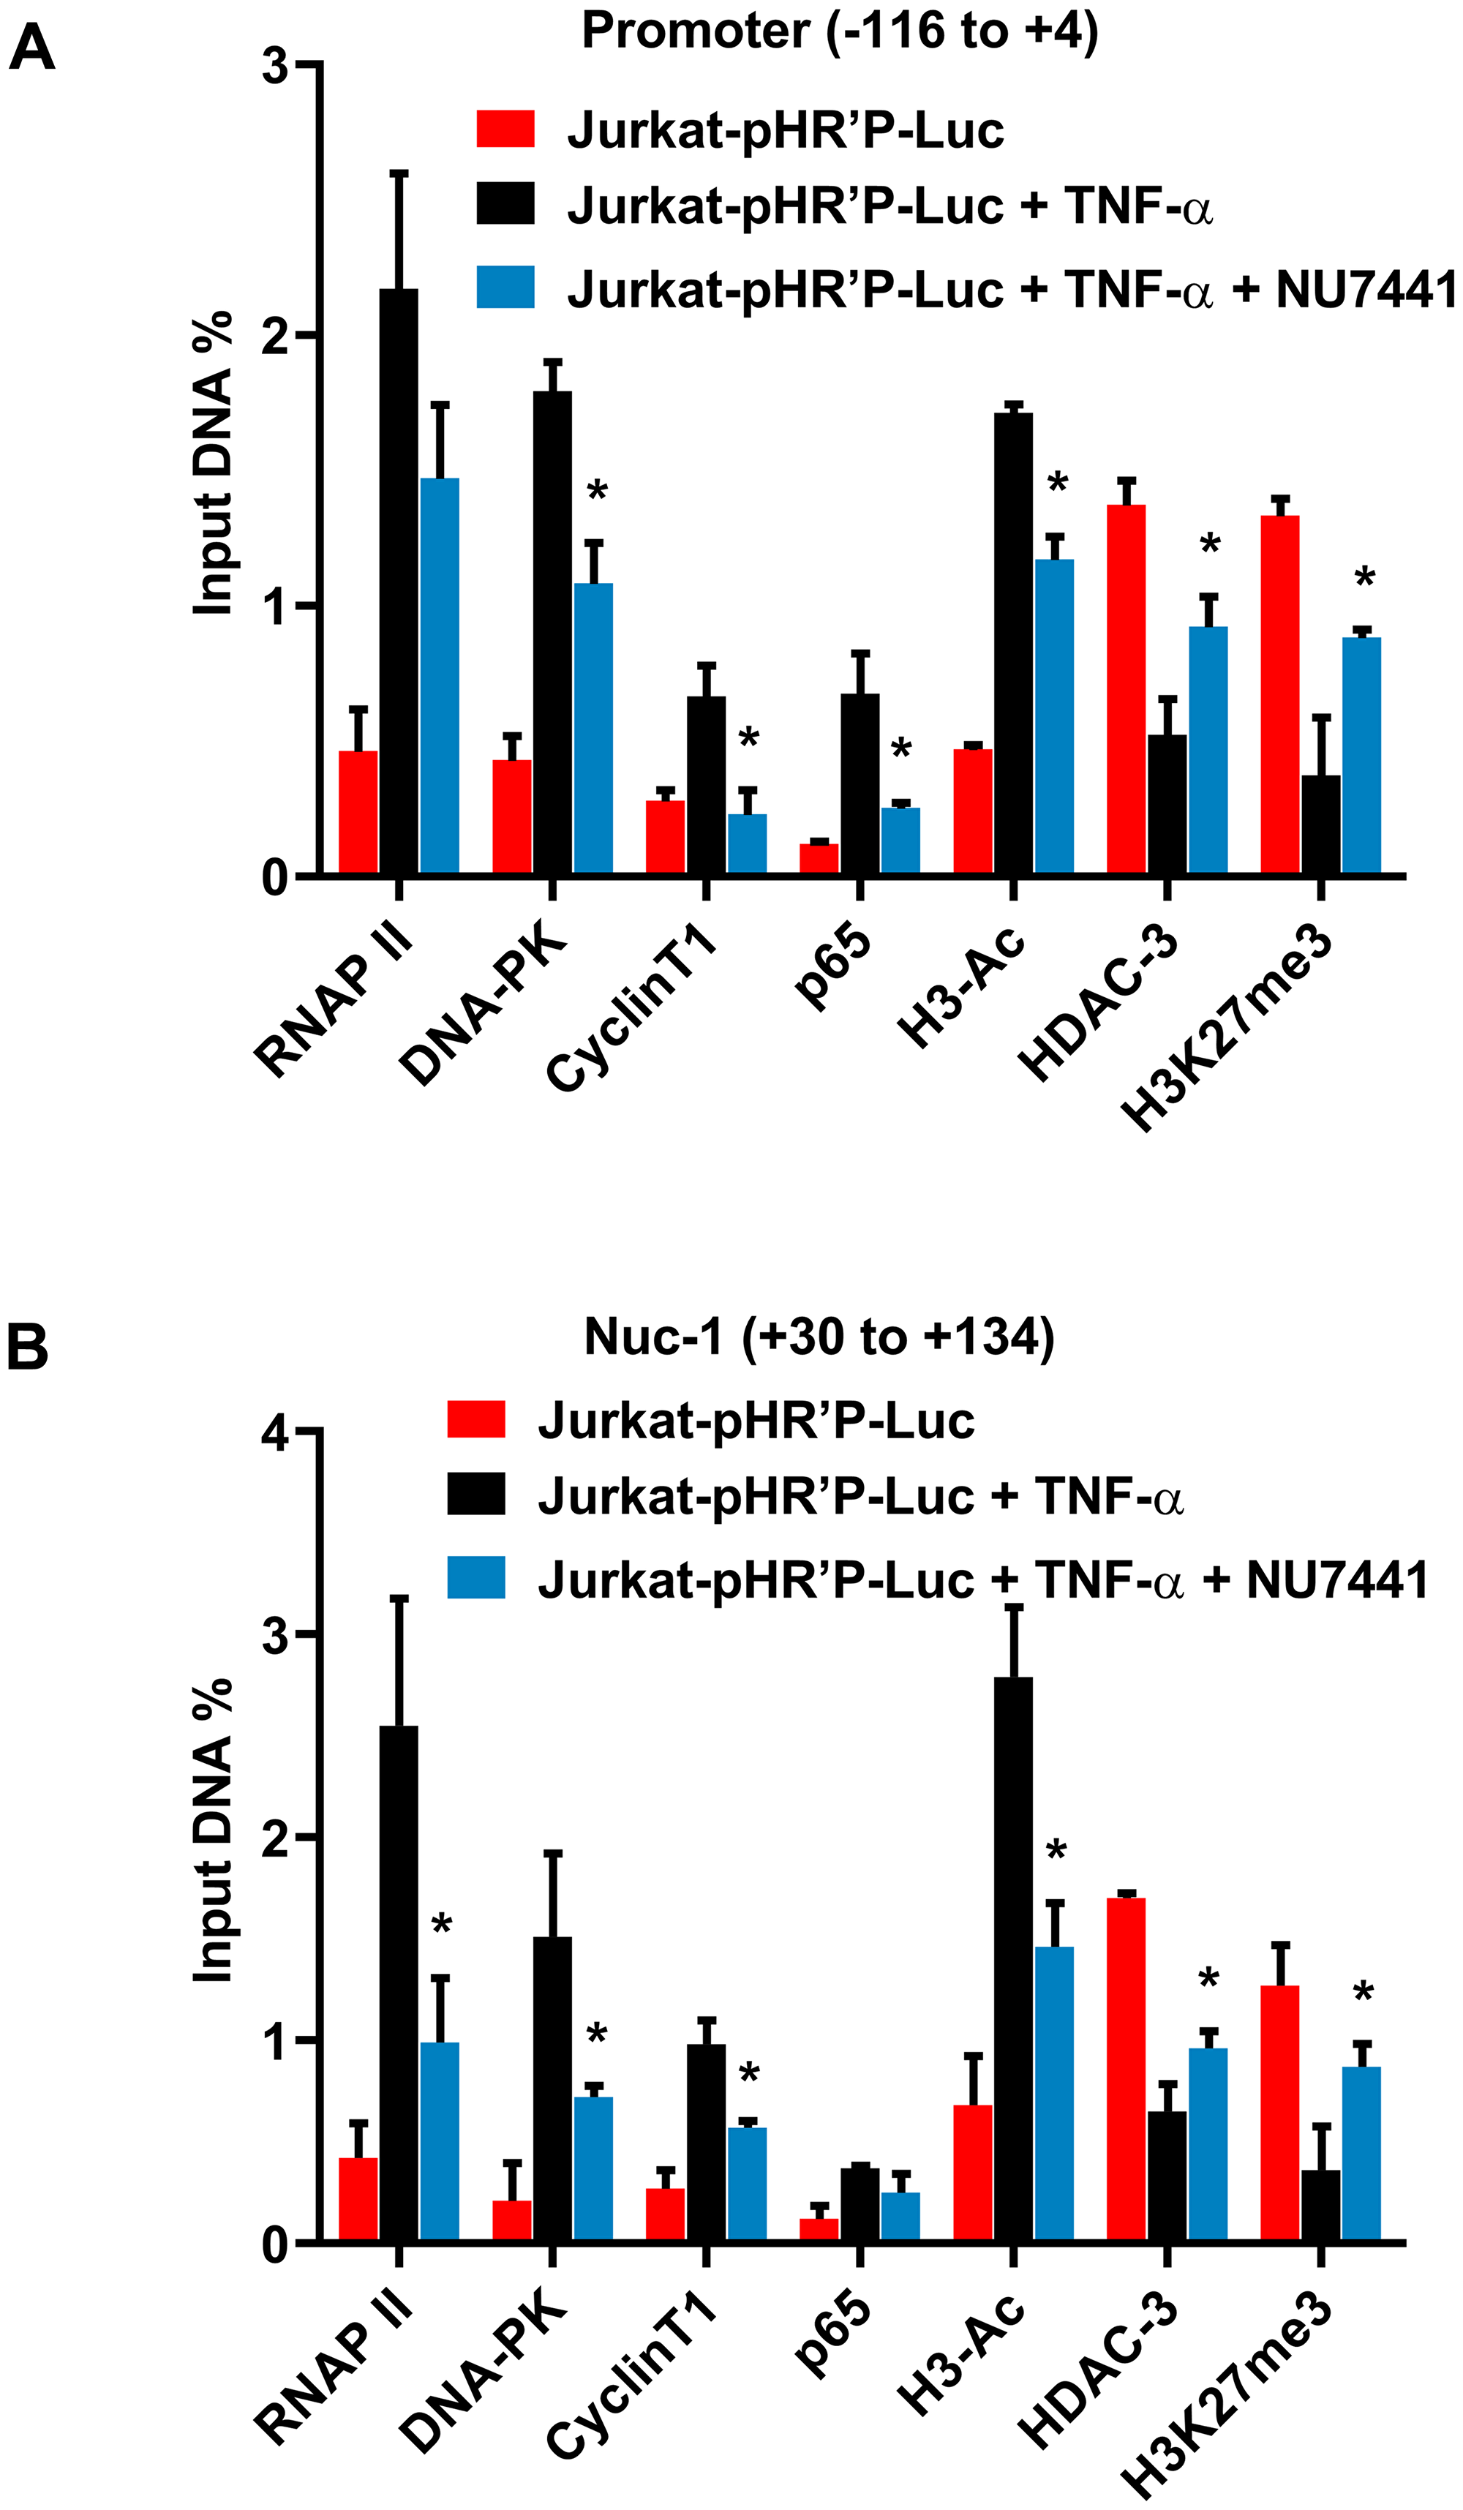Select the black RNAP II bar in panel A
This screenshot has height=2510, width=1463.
click(399, 582)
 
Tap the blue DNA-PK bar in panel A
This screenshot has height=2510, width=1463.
click(593, 728)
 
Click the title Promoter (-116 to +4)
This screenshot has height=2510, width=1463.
click(840, 31)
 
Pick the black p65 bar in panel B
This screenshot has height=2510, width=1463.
click(860, 2204)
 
